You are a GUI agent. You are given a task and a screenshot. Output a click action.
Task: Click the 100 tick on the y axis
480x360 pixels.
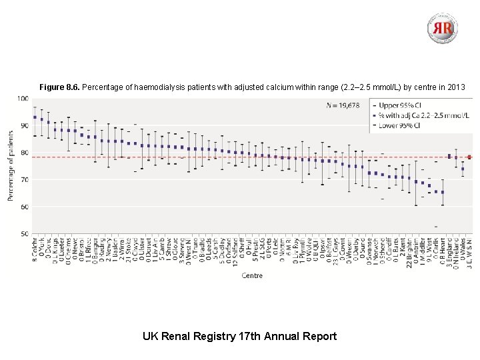tap(23, 99)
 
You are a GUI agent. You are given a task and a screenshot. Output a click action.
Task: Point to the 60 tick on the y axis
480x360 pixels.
tap(24, 207)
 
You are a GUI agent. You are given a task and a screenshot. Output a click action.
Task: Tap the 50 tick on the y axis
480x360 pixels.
tap(24, 234)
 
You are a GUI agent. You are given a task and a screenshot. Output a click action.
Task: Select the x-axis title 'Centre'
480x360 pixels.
tap(252, 275)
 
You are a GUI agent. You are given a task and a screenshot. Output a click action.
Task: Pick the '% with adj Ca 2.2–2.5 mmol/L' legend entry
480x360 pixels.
tap(422, 115)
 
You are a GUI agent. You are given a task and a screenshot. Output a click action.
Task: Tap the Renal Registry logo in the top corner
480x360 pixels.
tap(443, 28)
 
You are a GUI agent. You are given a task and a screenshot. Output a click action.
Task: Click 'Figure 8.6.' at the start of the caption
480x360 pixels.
tap(59, 87)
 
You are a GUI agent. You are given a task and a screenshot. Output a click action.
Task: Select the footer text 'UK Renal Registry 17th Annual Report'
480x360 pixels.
tap(240, 336)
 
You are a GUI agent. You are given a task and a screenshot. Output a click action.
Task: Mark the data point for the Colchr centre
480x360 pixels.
tap(35, 117)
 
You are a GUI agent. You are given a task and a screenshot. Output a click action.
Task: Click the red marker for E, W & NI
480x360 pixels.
tap(469, 157)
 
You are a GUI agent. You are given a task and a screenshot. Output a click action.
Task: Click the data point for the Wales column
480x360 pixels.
tap(463, 169)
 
